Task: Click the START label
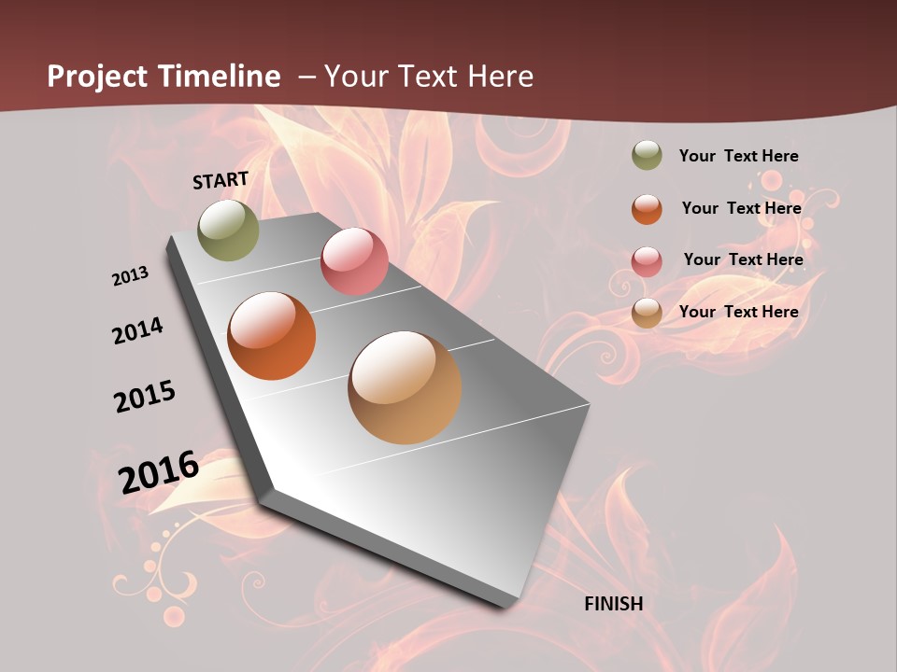click(221, 180)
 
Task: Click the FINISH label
click(614, 604)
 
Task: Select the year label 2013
click(131, 276)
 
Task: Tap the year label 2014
click(138, 330)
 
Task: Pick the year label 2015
click(145, 398)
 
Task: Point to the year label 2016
click(160, 471)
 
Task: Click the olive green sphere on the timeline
click(229, 230)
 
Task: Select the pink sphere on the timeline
click(354, 261)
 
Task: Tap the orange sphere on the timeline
click(271, 336)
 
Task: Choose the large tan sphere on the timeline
click(405, 387)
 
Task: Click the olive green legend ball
click(647, 156)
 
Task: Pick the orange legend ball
click(647, 209)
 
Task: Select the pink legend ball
click(647, 260)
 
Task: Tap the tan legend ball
click(647, 313)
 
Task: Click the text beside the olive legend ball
click(738, 156)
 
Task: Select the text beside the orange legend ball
click(741, 208)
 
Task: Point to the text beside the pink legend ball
click(743, 259)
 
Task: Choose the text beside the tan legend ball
click(738, 312)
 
